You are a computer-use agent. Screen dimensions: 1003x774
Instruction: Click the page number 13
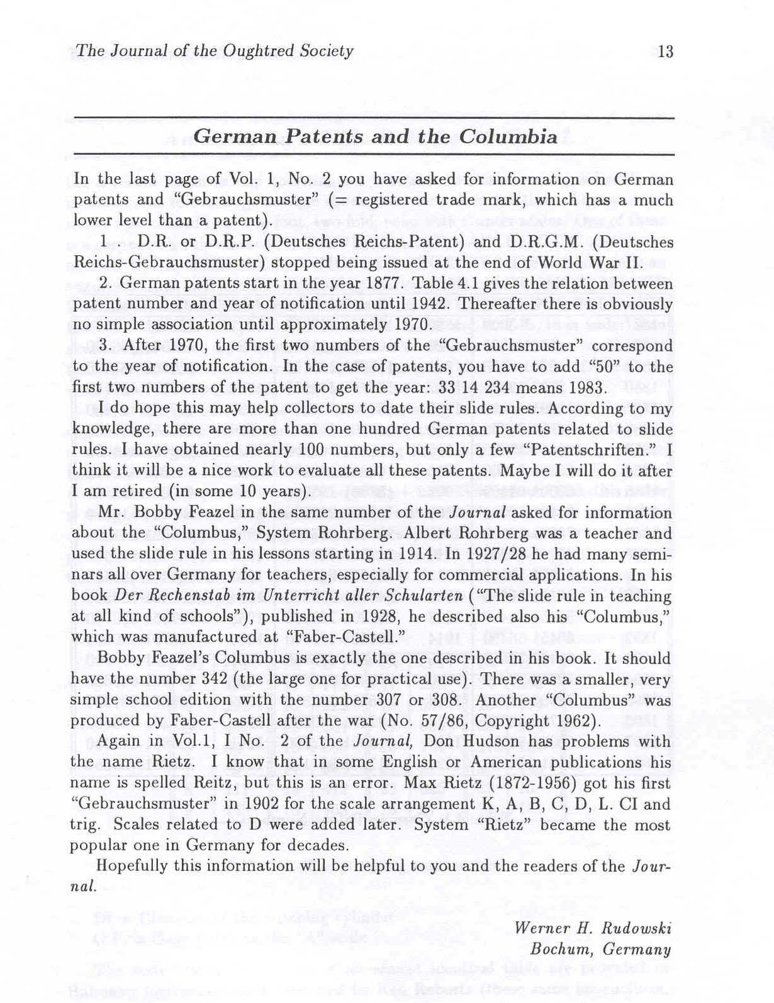[x=665, y=52]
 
